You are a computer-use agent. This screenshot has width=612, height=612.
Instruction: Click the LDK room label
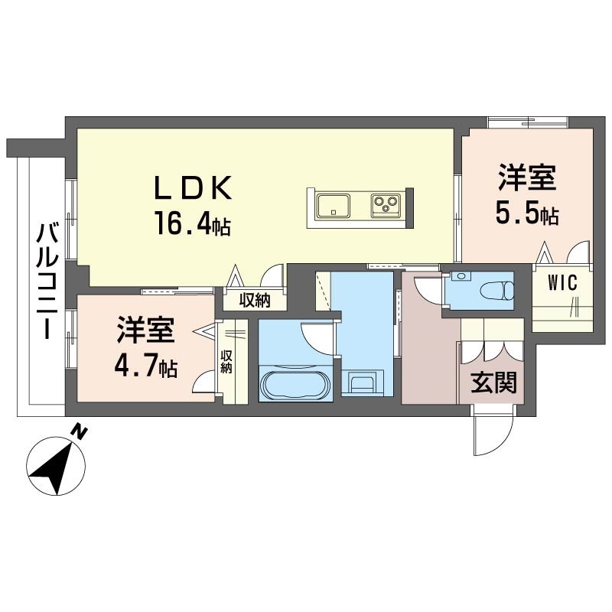[194, 187]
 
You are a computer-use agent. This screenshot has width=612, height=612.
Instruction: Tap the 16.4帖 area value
[194, 223]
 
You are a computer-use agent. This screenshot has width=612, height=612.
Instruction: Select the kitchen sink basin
[334, 206]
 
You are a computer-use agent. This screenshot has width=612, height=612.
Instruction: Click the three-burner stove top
[386, 205]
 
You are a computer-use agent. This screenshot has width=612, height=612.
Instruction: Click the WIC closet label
[562, 282]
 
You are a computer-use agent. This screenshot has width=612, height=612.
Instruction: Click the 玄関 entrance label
[493, 382]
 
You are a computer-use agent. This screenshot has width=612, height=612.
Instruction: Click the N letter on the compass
[80, 431]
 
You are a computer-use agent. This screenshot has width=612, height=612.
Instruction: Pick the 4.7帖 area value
[146, 366]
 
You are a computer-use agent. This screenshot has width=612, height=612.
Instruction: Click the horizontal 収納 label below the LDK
[255, 300]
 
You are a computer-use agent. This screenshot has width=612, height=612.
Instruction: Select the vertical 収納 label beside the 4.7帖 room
[226, 362]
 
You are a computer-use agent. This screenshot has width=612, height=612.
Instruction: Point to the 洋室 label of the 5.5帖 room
[527, 177]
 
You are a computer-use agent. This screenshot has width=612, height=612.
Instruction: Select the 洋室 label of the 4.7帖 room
[145, 330]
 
